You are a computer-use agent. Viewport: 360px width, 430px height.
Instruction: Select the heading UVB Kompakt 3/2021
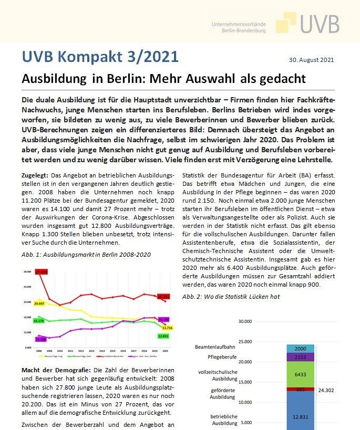click(100, 56)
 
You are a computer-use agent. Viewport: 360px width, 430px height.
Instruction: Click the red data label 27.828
click(42, 271)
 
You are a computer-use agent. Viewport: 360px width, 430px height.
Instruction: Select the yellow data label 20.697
click(39, 303)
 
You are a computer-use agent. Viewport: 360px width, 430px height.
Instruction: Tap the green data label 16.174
click(38, 320)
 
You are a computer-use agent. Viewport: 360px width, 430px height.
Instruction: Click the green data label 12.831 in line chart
click(163, 335)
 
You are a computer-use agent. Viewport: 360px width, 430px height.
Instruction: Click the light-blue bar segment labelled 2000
click(300, 349)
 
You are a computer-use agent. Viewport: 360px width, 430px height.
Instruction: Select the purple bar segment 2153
click(300, 357)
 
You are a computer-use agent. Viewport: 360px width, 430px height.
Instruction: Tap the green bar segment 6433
click(300, 375)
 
